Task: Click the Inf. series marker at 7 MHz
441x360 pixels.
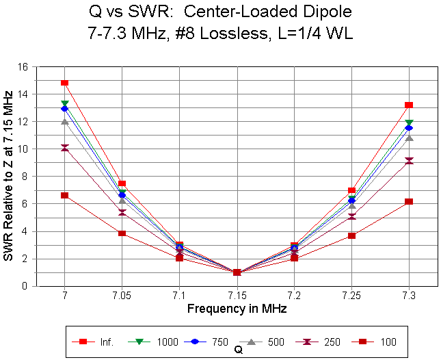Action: pyautogui.click(x=64, y=83)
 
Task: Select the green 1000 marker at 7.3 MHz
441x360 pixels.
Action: pyautogui.click(x=409, y=123)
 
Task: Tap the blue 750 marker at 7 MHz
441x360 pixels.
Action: pyautogui.click(x=64, y=108)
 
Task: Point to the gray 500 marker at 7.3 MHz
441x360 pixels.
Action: pyautogui.click(x=409, y=138)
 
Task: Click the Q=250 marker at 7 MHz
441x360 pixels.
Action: pyautogui.click(x=64, y=148)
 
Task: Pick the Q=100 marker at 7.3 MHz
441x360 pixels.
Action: pyautogui.click(x=409, y=201)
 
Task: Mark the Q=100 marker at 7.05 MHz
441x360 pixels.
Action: pyautogui.click(x=122, y=233)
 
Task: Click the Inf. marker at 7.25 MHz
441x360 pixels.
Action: pyautogui.click(x=351, y=190)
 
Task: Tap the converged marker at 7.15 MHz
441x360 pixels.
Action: pyautogui.click(x=237, y=272)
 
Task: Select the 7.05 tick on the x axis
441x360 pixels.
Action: pyautogui.click(x=122, y=296)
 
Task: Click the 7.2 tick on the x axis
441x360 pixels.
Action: pyautogui.click(x=294, y=296)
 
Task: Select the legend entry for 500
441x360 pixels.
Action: pyautogui.click(x=272, y=341)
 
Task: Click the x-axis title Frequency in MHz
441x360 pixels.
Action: pyautogui.click(x=237, y=309)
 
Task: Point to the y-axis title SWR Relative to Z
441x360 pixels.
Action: pyautogui.click(x=9, y=176)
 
